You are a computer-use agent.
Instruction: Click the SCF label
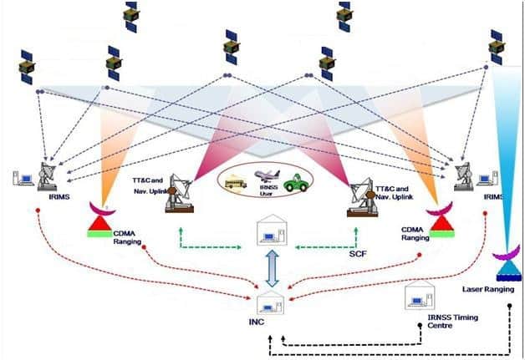[358, 255]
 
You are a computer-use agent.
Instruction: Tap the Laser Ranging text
[487, 291]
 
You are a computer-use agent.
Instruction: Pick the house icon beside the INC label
[268, 303]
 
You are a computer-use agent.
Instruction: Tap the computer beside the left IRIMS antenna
[23, 177]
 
